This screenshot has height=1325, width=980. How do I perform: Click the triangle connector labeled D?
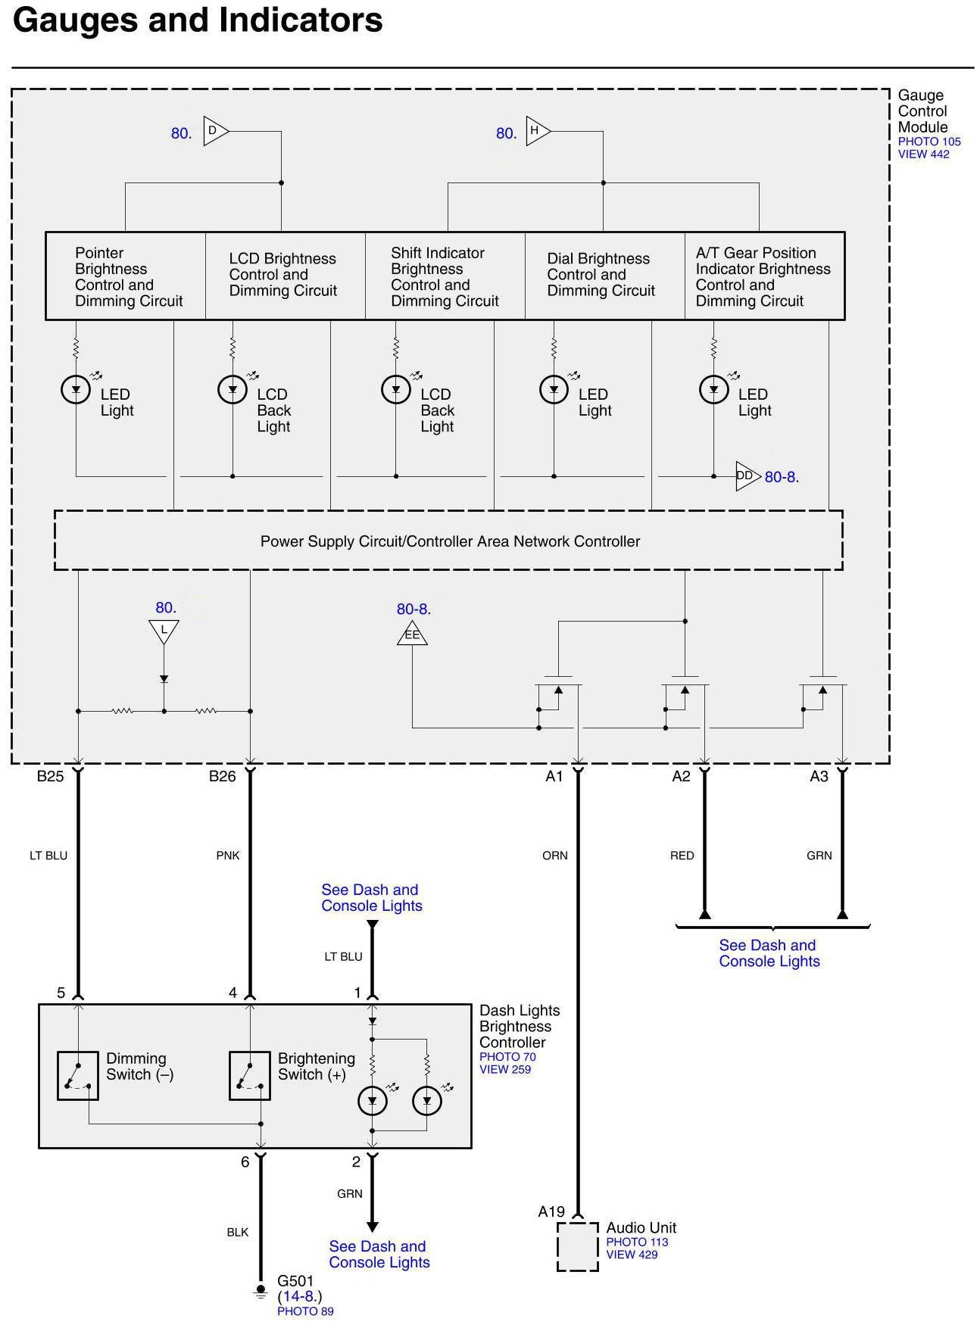[214, 131]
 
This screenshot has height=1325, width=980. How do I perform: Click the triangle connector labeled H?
[536, 131]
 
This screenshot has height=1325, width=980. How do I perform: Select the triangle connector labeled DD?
[746, 476]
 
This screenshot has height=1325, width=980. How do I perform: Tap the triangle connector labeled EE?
[412, 634]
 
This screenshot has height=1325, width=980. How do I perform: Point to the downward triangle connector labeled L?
[164, 631]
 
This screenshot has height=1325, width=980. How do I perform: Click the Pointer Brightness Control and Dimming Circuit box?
[126, 276]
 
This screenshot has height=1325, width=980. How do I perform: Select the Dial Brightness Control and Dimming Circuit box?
[604, 276]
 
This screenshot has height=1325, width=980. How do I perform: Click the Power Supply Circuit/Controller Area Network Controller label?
[450, 541]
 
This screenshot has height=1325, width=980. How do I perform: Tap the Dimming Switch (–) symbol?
[78, 1075]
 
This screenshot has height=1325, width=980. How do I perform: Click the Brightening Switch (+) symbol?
[250, 1075]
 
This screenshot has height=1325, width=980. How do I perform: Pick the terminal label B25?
[51, 776]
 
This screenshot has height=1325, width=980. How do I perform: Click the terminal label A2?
[681, 776]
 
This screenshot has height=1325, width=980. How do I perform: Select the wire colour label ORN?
[554, 856]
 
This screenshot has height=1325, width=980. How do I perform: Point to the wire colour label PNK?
[227, 856]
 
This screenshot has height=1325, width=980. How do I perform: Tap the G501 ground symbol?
[261, 1290]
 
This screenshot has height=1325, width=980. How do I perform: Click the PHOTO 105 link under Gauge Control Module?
[929, 142]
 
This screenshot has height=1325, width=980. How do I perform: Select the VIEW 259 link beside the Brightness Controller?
[504, 1069]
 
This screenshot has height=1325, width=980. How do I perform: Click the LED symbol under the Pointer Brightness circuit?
[76, 389]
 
